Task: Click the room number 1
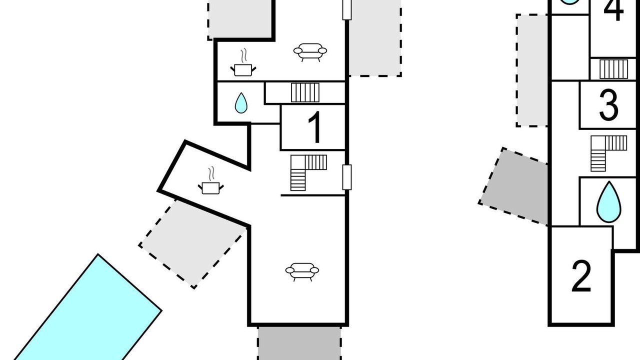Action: pos(315,127)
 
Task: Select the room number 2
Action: pos(581,276)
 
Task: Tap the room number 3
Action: pos(608,105)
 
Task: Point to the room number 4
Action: pos(613,10)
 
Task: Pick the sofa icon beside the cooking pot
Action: pos(310,52)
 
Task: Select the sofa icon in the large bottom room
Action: pos(302,271)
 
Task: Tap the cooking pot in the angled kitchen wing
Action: pos(211,181)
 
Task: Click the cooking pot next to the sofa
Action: pos(243,62)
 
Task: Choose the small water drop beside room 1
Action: pos(241,103)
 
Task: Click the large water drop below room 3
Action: pos(609,202)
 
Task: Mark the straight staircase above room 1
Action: pos(305,92)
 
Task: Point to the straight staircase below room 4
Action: pos(613,69)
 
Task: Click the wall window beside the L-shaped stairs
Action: pos(347,177)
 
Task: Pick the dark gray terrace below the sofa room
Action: pos(299,343)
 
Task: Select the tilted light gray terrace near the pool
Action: pos(193,243)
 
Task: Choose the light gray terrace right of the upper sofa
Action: pos(375,38)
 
